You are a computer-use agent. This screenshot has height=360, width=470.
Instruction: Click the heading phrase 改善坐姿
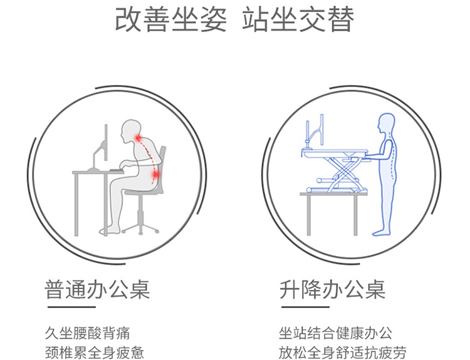coord(170,20)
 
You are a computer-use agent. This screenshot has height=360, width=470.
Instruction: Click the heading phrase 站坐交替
coord(298,20)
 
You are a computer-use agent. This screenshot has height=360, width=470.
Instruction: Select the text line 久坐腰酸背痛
coord(88,333)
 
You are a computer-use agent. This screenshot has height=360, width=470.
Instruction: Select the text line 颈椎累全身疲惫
coord(95,352)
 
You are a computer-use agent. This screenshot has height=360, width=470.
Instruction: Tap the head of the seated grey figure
coord(130,130)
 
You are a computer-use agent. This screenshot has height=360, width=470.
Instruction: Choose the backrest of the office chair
coord(162,165)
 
